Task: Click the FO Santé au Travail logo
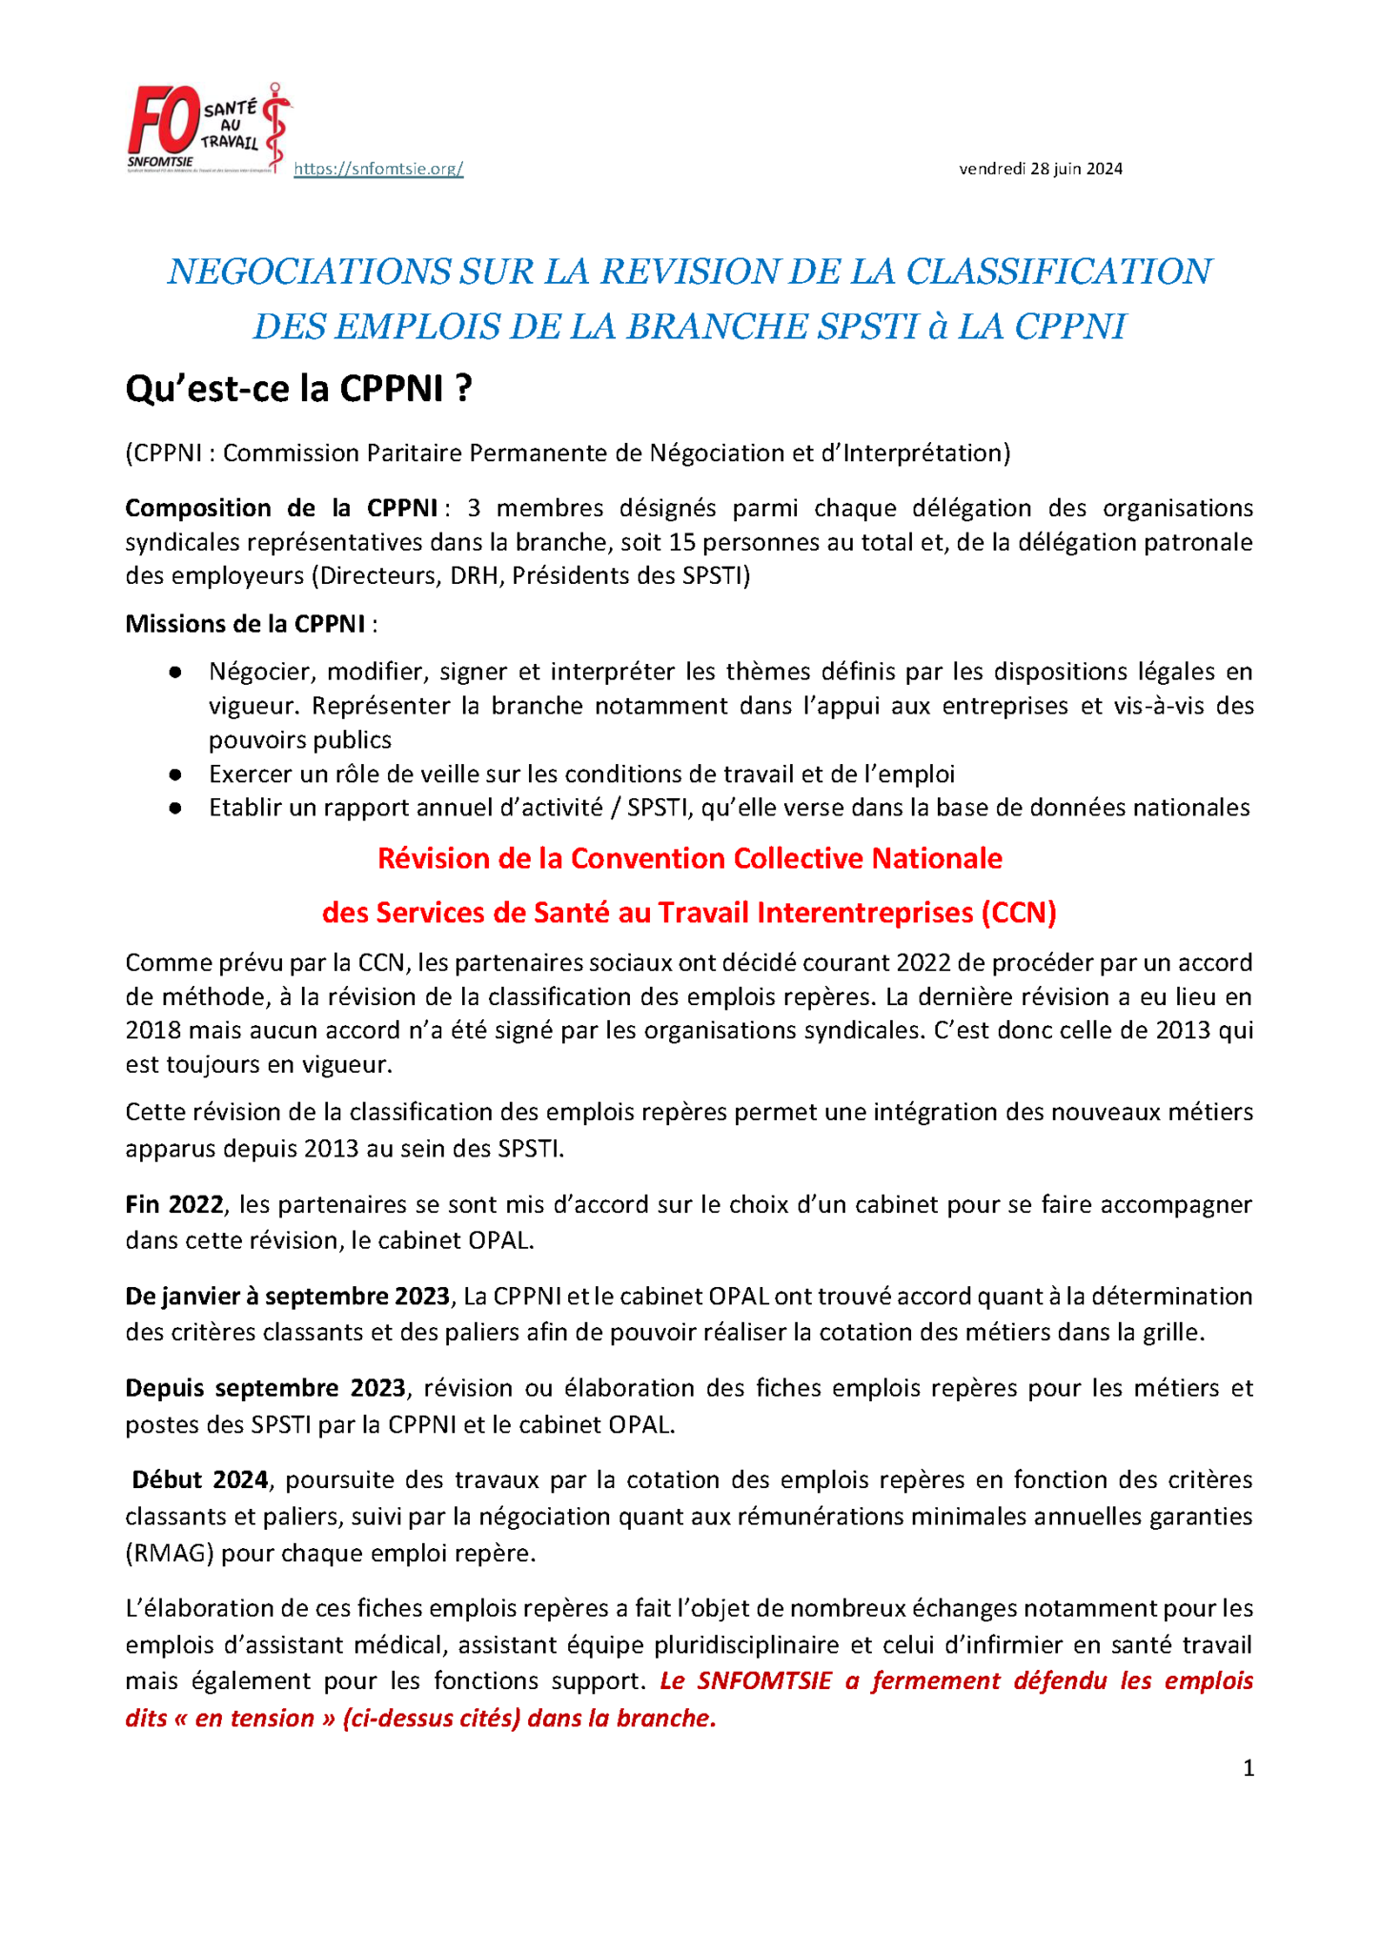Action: [209, 129]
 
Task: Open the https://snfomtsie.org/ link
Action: [378, 169]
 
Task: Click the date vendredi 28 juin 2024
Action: [1040, 169]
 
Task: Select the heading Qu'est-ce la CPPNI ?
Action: [298, 389]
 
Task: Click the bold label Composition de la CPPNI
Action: [281, 508]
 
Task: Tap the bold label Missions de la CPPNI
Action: [245, 624]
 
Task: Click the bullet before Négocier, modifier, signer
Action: [175, 673]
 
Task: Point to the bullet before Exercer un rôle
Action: [175, 774]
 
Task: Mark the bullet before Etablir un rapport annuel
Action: [175, 809]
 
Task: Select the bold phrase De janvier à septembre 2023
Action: [287, 1297]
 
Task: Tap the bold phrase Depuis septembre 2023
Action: [266, 1388]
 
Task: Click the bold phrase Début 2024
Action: [200, 1479]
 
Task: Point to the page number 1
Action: [1248, 1769]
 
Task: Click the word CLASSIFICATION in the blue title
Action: [1058, 272]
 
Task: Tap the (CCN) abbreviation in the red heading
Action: [1019, 913]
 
